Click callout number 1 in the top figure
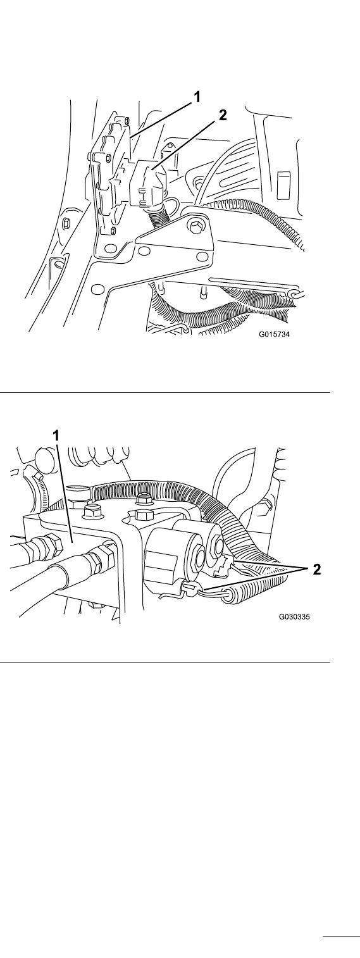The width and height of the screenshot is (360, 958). click(197, 97)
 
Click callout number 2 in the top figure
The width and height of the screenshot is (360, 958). click(222, 115)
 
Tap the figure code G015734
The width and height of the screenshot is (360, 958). click(274, 335)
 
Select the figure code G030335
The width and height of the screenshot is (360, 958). click(295, 617)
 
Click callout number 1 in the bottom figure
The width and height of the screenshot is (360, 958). click(56, 436)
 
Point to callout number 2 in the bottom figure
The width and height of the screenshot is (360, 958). click(316, 569)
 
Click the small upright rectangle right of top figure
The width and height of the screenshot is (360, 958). click(284, 185)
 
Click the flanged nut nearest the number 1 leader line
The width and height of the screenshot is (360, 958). click(92, 511)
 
